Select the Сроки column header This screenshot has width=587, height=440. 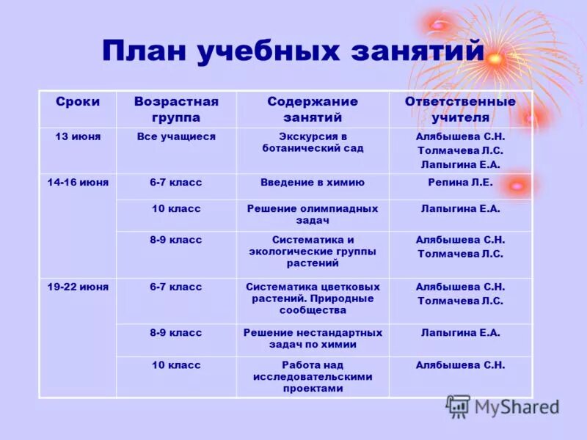(x=77, y=102)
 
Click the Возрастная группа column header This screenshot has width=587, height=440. (x=176, y=109)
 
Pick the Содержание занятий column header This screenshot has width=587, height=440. (x=313, y=109)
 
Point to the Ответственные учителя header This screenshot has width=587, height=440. (x=460, y=109)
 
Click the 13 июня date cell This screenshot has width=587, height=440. (x=78, y=137)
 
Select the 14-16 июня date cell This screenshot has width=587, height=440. (x=78, y=183)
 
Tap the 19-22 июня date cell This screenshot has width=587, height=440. (x=78, y=287)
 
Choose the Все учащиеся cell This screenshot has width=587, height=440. (x=176, y=137)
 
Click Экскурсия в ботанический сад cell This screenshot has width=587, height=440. (x=313, y=142)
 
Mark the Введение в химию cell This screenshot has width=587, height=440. (x=313, y=183)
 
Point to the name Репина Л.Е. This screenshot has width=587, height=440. (x=460, y=183)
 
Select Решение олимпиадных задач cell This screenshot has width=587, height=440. (x=313, y=214)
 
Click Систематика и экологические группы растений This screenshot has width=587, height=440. (x=313, y=251)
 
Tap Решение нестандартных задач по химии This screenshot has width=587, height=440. (x=313, y=339)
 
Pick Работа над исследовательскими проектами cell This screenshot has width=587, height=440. (x=313, y=376)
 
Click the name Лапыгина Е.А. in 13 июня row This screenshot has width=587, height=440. (x=460, y=164)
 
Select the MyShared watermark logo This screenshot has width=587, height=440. (x=502, y=406)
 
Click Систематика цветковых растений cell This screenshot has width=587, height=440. (x=313, y=298)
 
